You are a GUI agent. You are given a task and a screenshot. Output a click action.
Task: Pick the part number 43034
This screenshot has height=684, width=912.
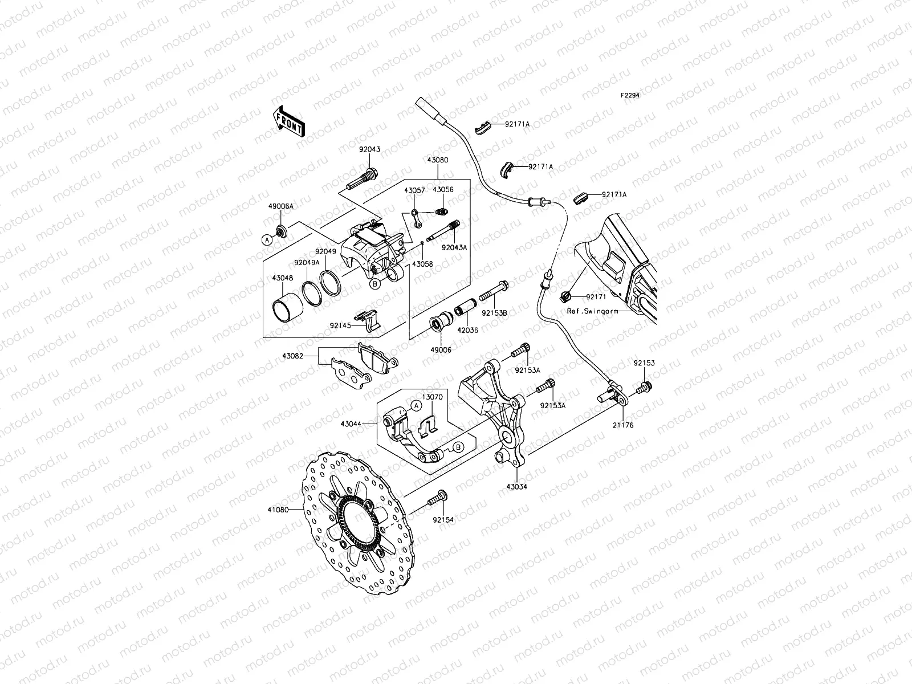click(x=516, y=487)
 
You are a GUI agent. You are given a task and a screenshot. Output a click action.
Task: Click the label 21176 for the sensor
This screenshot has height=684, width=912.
click(x=623, y=425)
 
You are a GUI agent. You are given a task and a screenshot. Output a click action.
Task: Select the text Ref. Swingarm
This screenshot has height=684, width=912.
click(x=592, y=312)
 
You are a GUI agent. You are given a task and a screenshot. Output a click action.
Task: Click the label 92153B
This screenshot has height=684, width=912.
click(x=494, y=313)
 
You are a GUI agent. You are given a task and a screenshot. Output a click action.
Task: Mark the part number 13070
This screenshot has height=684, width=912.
click(x=432, y=397)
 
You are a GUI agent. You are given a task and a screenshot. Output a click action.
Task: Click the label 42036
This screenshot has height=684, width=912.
click(x=467, y=330)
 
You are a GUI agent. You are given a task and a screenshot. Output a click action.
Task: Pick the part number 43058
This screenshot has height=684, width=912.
click(x=422, y=264)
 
